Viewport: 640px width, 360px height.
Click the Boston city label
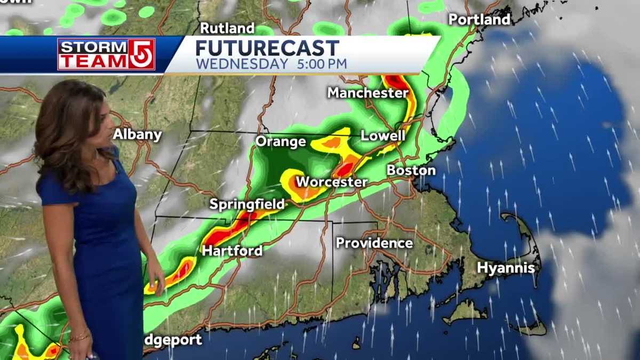(x=411, y=171)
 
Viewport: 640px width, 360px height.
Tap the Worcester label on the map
(x=331, y=182)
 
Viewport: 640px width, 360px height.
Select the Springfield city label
(x=246, y=204)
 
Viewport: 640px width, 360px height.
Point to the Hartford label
(x=232, y=251)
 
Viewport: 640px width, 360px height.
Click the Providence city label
(x=374, y=243)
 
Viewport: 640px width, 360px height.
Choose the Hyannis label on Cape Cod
(x=506, y=268)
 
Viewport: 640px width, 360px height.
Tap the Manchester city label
(x=368, y=93)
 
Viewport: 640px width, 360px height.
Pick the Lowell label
(x=383, y=135)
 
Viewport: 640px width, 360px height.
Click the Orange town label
(x=281, y=141)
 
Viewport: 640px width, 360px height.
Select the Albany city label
(x=137, y=134)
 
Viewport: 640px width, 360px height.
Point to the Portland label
(x=479, y=20)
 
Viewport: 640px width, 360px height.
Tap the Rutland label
(x=227, y=28)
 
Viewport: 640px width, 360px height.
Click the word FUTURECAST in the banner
(x=267, y=48)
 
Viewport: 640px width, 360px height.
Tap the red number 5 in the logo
(x=142, y=54)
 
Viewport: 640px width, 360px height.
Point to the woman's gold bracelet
(x=79, y=336)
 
